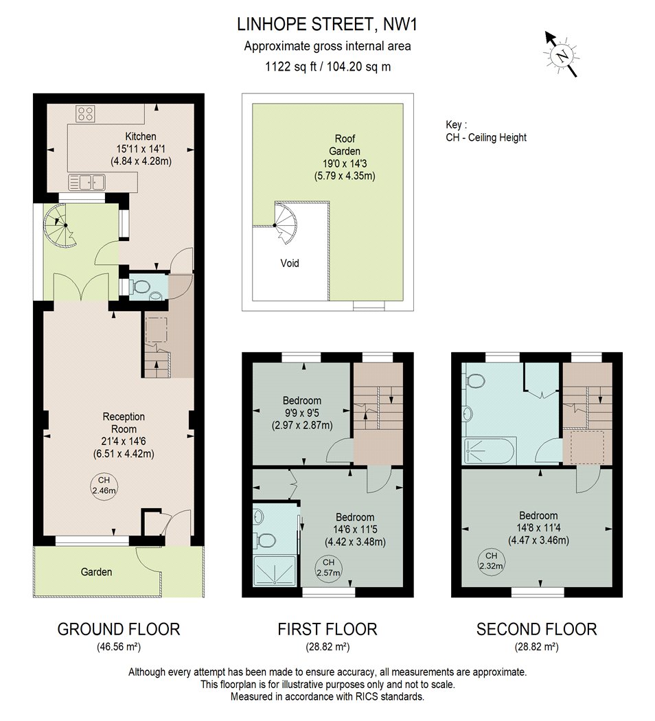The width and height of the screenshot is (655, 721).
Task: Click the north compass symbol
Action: point(561,54)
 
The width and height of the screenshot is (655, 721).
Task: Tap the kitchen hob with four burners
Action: point(86,113)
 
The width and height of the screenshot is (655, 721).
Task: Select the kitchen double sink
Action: point(87,183)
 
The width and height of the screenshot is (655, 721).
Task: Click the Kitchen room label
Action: point(141,137)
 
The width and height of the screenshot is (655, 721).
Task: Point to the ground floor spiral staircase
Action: point(60,225)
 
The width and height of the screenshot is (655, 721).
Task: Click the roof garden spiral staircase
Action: point(286,223)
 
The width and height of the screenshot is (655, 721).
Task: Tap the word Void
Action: point(290,263)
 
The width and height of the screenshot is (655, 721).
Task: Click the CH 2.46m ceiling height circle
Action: point(104,485)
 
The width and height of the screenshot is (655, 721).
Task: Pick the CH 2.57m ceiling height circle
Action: point(328,568)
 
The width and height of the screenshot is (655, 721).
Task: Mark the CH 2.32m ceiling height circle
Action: point(491,562)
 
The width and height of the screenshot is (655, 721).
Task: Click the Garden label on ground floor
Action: point(96,572)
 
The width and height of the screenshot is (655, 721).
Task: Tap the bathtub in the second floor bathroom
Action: point(489,451)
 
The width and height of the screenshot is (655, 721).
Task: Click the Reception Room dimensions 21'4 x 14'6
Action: point(124,442)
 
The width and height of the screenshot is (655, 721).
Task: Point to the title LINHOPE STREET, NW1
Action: point(327,24)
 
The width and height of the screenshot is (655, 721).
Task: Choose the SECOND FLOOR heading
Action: point(536,629)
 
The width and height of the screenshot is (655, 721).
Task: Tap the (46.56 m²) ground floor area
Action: point(119,647)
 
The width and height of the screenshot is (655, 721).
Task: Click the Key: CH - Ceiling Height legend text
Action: point(486,131)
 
